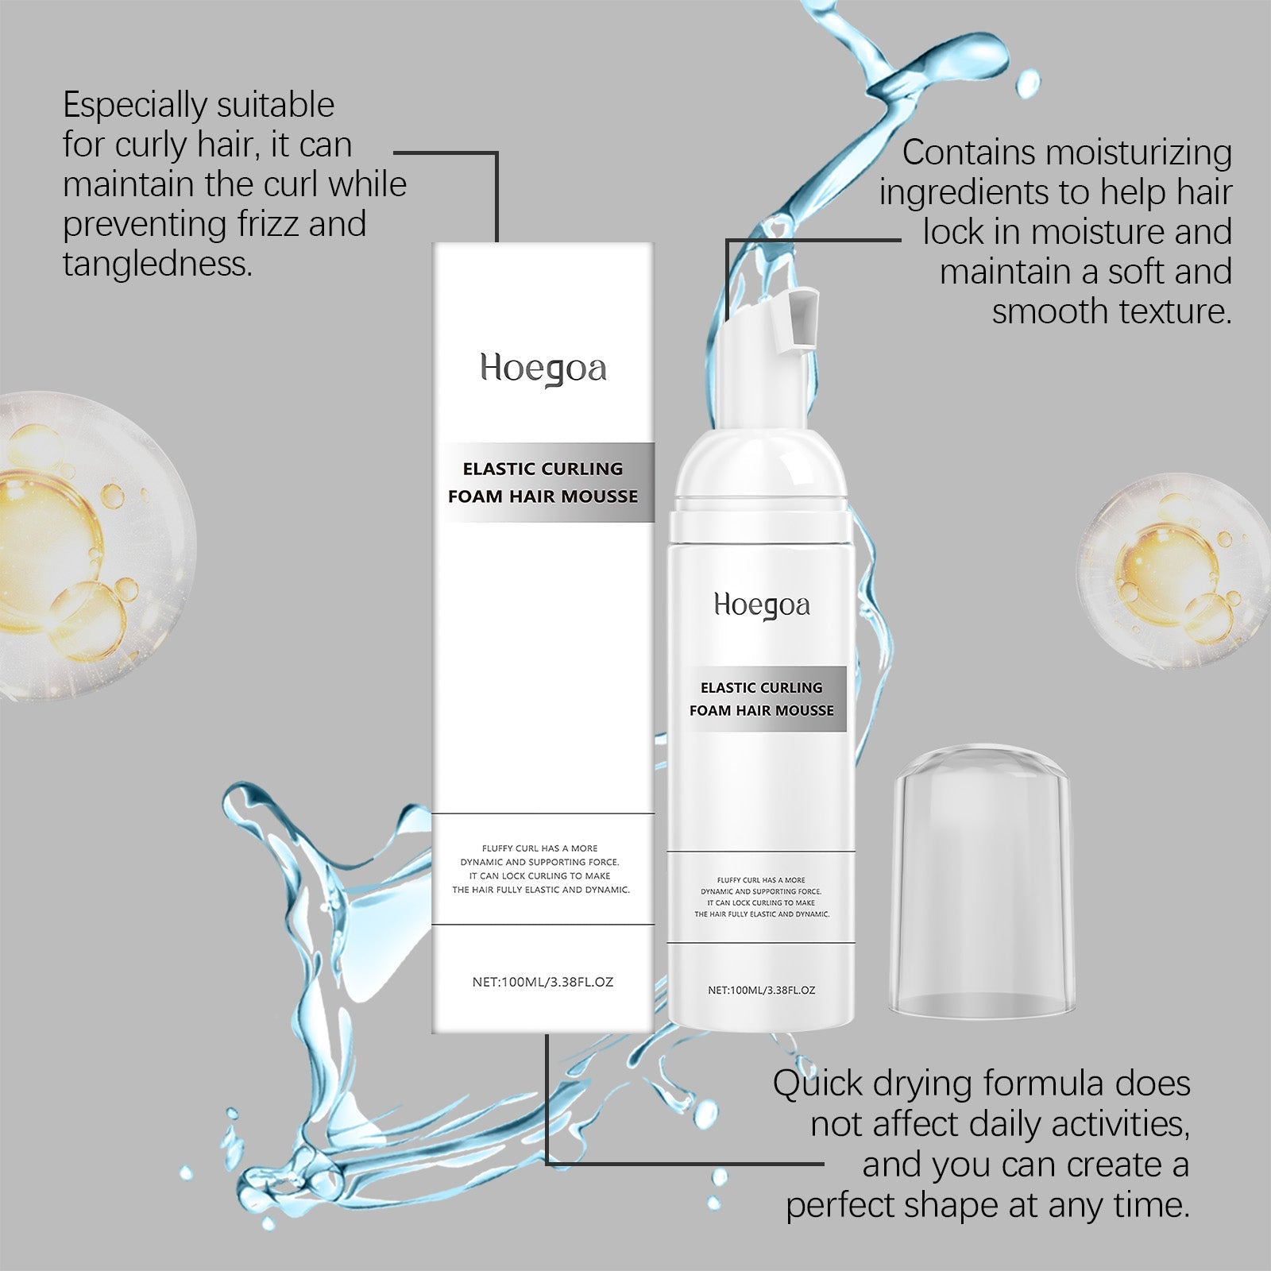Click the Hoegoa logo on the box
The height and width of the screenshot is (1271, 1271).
[x=543, y=369]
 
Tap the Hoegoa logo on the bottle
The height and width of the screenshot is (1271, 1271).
[x=762, y=606]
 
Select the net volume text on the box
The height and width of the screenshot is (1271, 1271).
[x=543, y=982]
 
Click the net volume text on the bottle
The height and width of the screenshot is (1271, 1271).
[x=761, y=991]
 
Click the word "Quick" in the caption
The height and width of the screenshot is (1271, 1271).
[x=817, y=1084]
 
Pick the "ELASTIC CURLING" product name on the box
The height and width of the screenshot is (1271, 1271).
[x=543, y=469]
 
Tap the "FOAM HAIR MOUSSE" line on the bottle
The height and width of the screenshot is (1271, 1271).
[x=762, y=710]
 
